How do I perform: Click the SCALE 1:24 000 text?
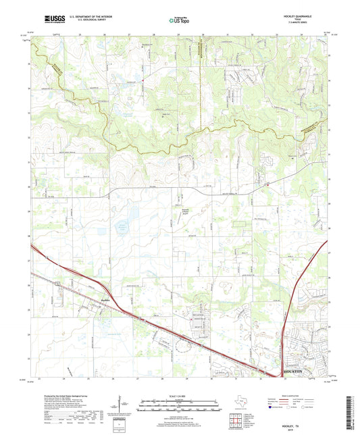(179, 395)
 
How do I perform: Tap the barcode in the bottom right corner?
(349, 413)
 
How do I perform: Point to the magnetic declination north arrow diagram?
(120, 407)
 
